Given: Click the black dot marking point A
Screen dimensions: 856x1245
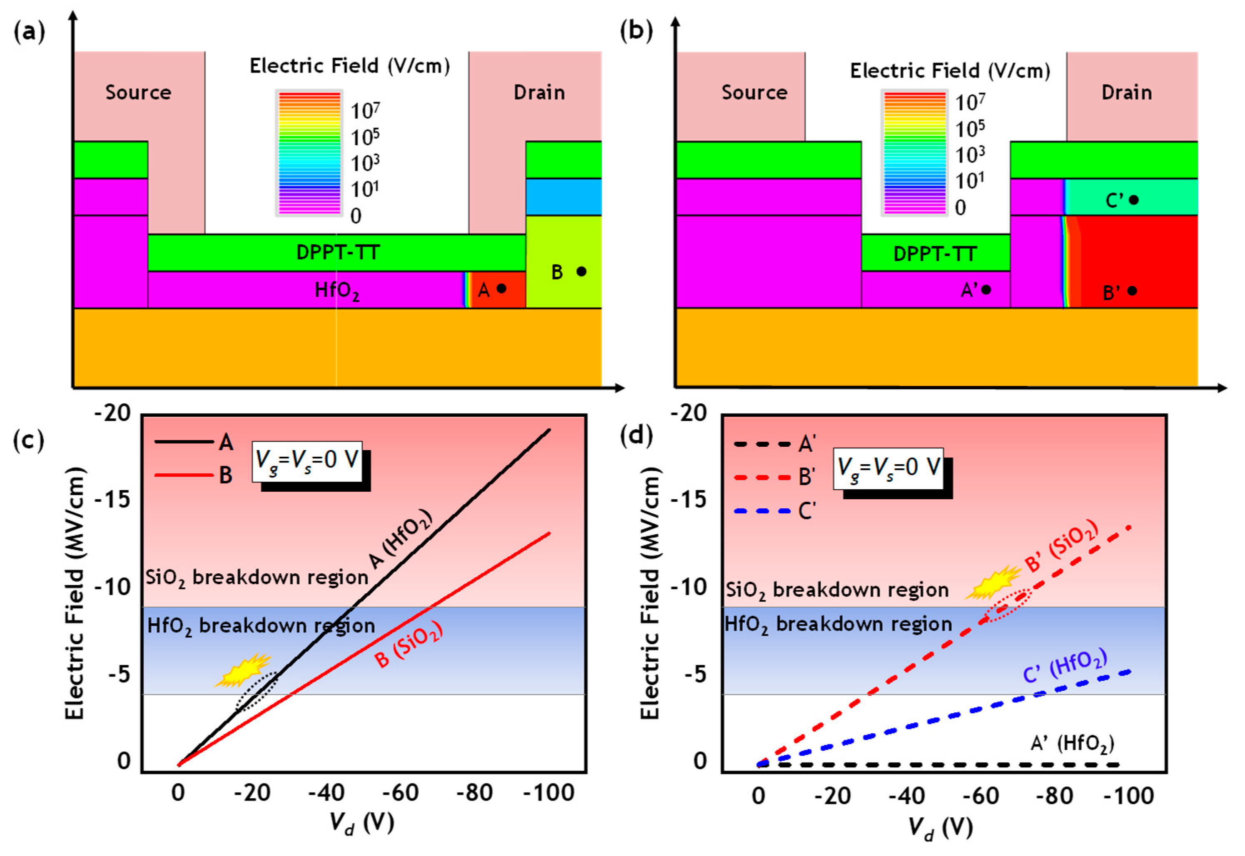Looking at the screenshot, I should (501, 289).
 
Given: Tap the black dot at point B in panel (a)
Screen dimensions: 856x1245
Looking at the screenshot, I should (581, 271).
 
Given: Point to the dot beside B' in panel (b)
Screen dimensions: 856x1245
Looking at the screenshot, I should (1132, 291).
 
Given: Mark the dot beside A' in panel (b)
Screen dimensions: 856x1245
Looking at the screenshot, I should (986, 290).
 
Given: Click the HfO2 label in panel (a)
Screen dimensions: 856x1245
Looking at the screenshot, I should (337, 291).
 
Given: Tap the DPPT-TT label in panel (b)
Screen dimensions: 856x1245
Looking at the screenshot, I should (934, 254).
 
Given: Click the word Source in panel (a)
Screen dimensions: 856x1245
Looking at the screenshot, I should (138, 92).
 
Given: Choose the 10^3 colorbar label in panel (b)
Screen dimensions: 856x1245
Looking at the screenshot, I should (970, 154).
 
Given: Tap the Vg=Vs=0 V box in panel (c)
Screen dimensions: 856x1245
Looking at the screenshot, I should (307, 461).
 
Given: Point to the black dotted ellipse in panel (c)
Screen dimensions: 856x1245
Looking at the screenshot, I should (256, 692).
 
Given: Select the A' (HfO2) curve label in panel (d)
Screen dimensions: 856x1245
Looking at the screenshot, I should (1072, 743).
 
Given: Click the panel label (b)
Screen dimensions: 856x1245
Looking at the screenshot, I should (636, 32).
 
